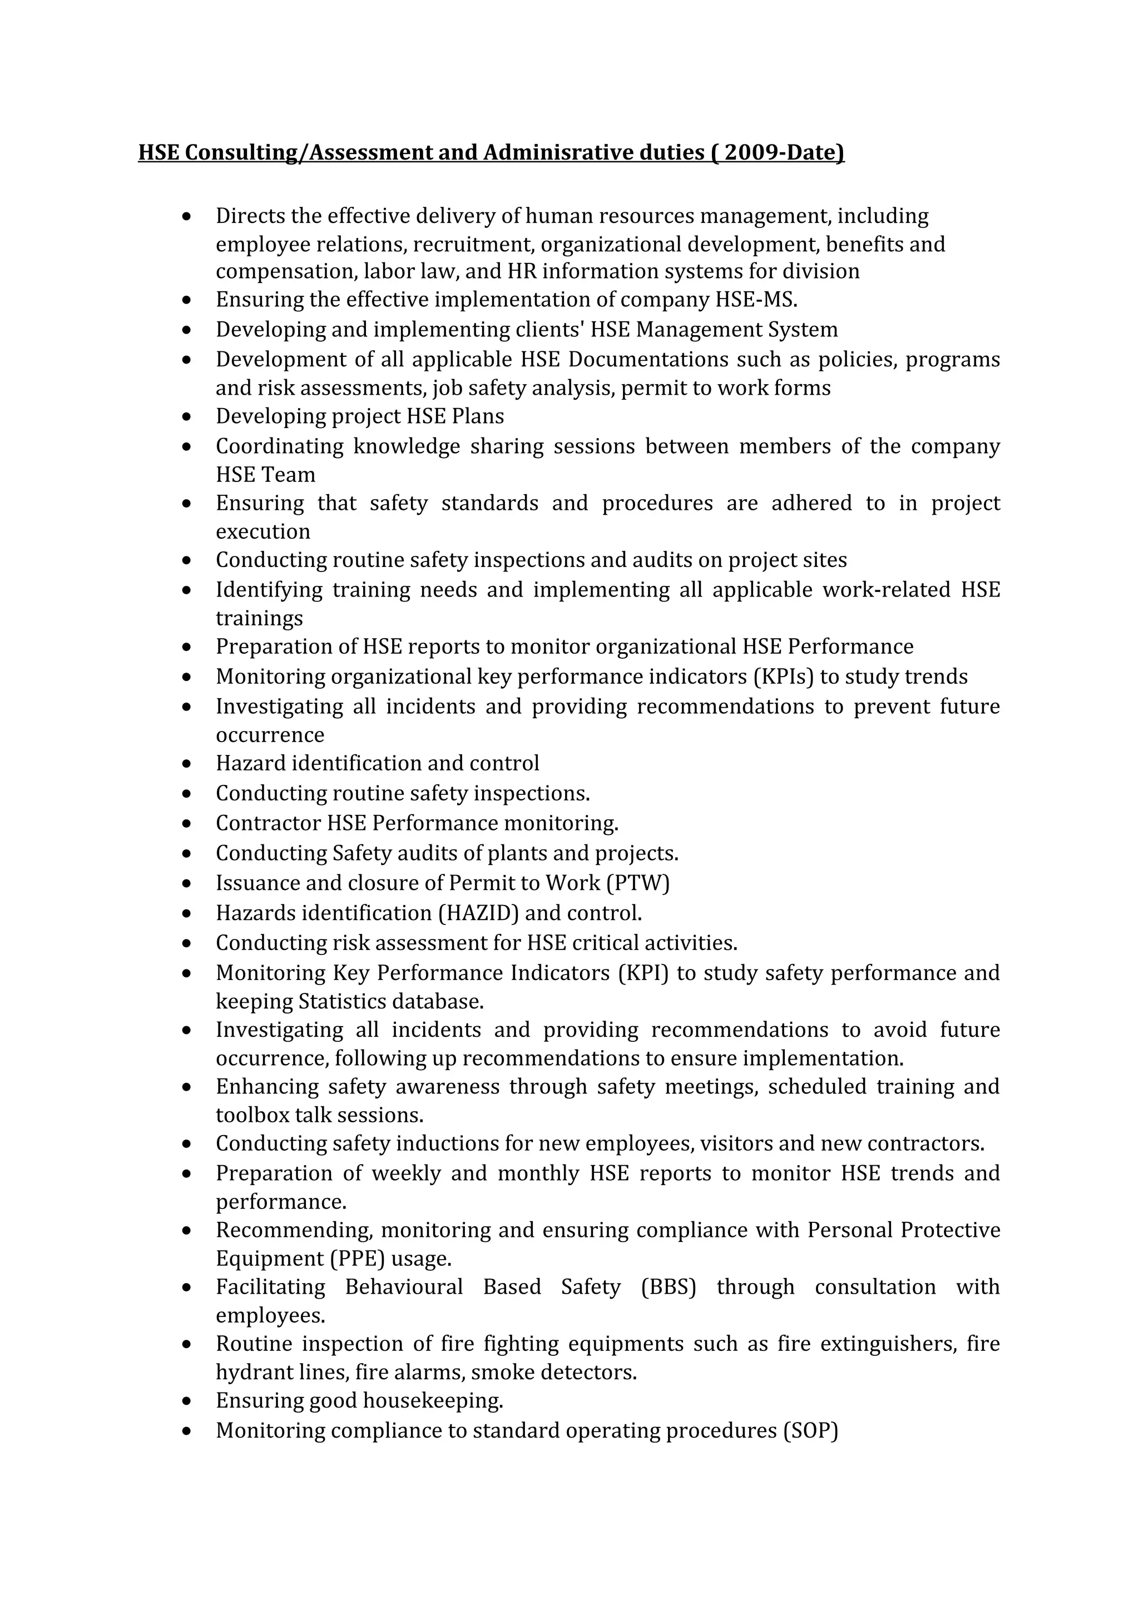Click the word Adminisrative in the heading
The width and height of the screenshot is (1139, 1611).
(557, 152)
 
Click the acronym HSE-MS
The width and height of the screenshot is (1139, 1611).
(756, 300)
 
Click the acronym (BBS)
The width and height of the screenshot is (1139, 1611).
(668, 1287)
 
